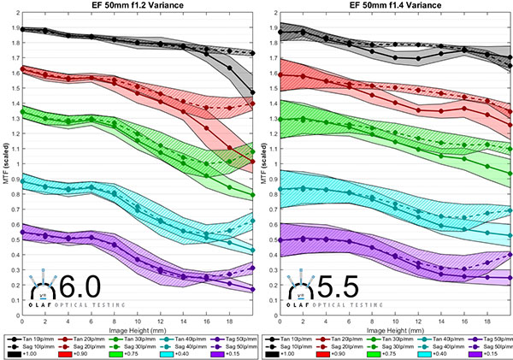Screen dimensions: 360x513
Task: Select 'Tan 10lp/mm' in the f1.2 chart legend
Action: tap(33, 339)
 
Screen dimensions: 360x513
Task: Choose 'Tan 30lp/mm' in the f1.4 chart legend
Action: tap(391, 339)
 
